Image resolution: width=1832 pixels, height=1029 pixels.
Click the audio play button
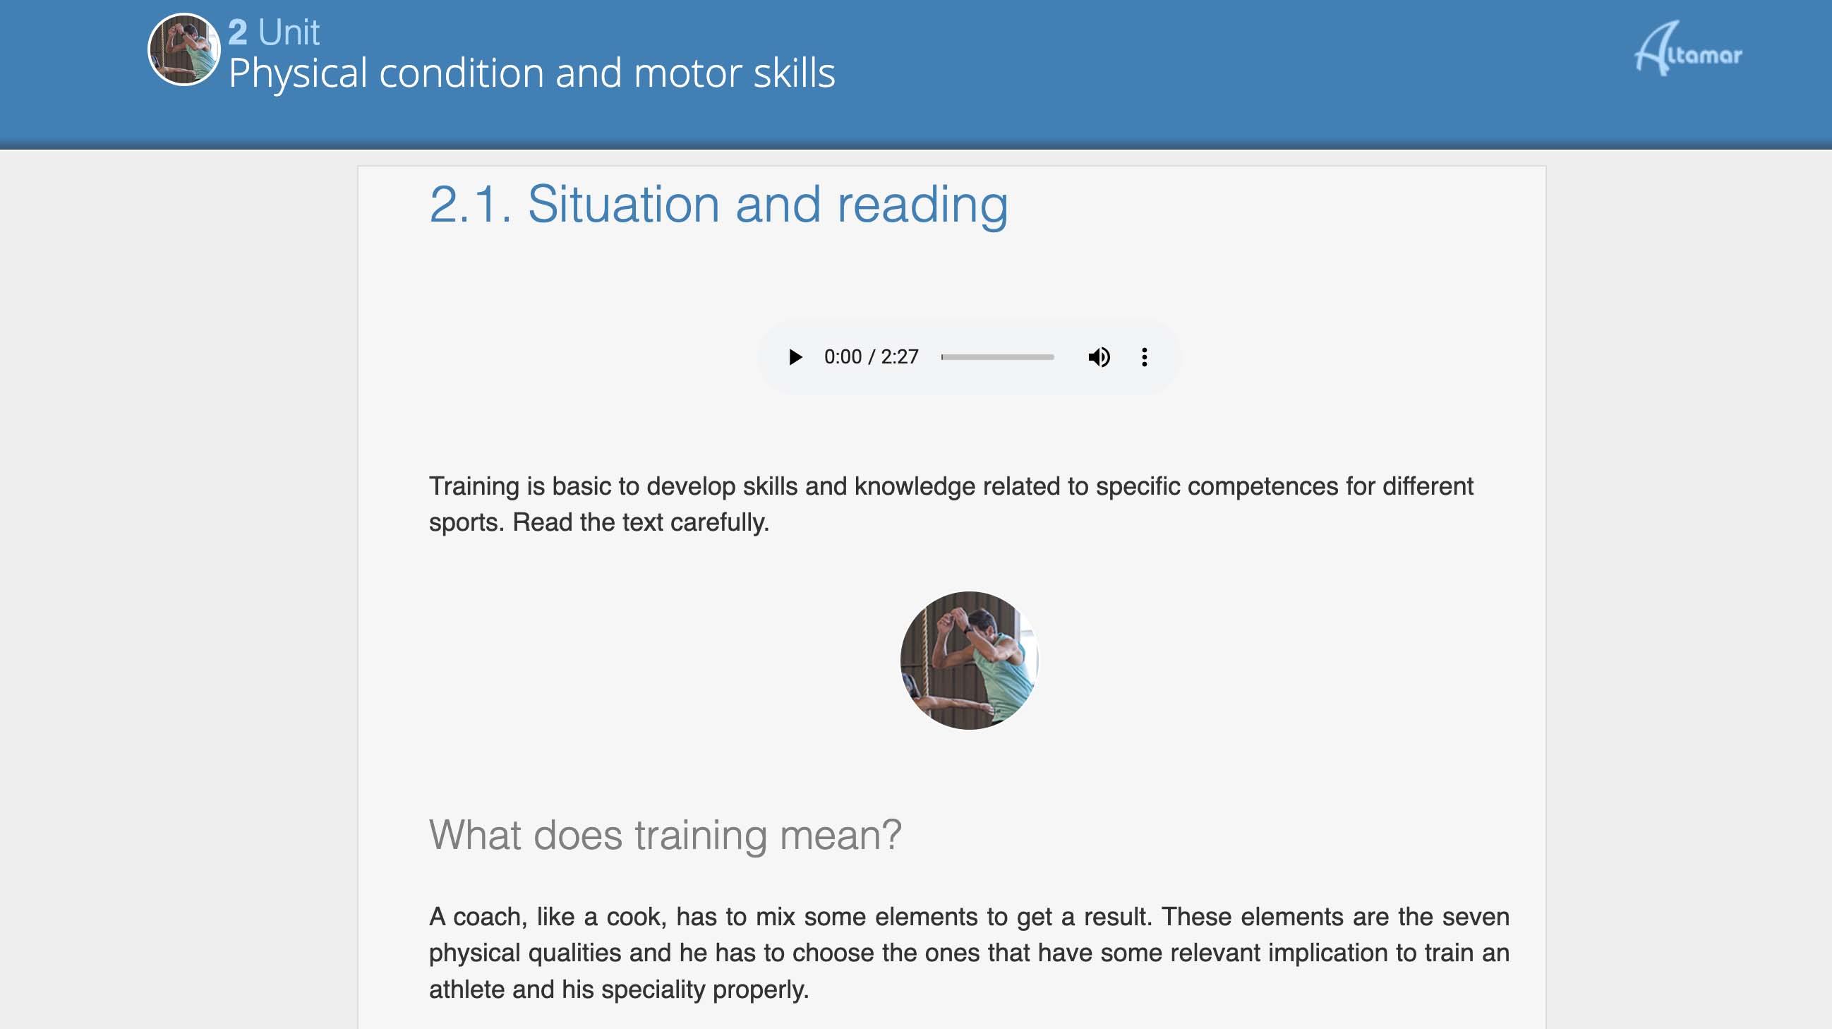point(795,356)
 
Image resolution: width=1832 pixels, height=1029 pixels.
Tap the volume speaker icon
point(1099,356)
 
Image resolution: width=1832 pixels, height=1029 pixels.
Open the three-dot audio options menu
point(1144,356)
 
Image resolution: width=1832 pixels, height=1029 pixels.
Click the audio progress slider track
point(997,357)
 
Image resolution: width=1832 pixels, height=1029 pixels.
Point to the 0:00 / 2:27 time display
point(872,356)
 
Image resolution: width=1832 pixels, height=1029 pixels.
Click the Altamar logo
point(1688,49)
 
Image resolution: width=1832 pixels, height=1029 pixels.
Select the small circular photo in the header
point(184,50)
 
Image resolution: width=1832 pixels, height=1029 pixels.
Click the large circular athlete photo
point(970,660)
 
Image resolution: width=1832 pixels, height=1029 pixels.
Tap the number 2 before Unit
point(238,32)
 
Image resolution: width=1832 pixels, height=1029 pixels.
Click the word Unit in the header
point(289,32)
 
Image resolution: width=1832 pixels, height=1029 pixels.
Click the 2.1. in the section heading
point(471,205)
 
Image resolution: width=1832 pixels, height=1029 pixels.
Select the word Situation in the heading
point(624,205)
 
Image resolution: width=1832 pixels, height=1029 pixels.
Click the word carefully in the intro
point(720,523)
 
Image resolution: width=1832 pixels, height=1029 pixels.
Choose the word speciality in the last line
point(652,990)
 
